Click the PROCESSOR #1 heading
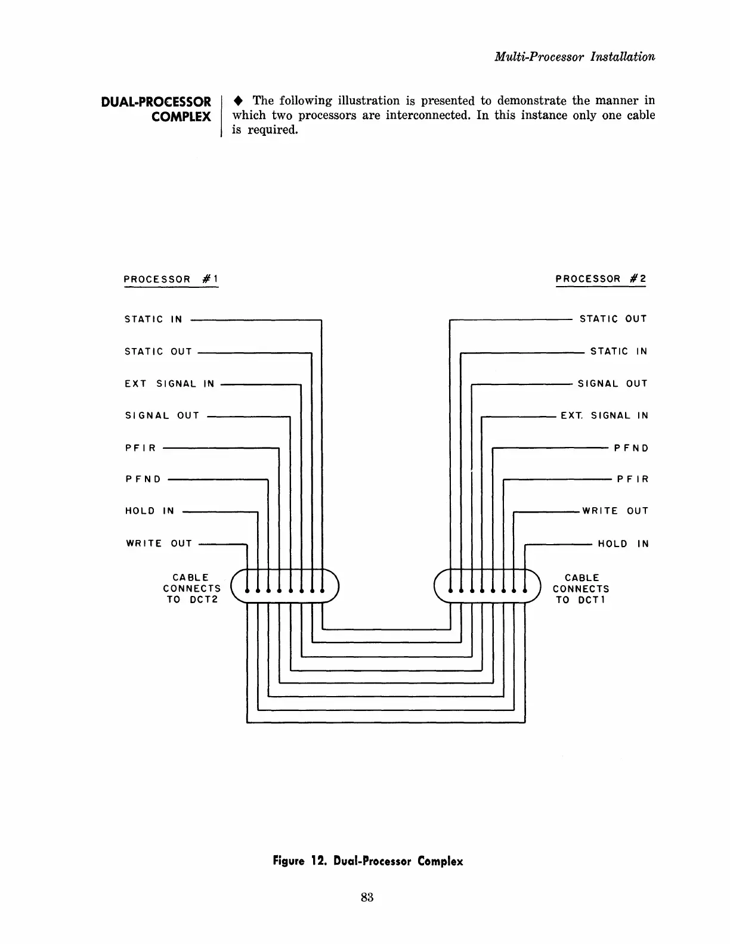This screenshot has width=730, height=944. pyautogui.click(x=171, y=279)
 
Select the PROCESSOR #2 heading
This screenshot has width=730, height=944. pyautogui.click(x=601, y=279)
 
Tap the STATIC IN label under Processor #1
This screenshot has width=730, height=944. pyautogui.click(x=153, y=319)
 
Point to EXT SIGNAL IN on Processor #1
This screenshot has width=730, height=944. pyautogui.click(x=169, y=384)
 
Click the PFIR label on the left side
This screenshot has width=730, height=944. pyautogui.click(x=141, y=448)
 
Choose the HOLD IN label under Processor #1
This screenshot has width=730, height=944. pyautogui.click(x=150, y=511)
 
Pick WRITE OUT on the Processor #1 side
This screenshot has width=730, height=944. pyautogui.click(x=159, y=544)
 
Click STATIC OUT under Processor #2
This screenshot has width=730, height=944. pyautogui.click(x=613, y=319)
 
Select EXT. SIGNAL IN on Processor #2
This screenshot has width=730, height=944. pyautogui.click(x=604, y=416)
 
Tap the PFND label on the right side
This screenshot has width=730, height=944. pyautogui.click(x=631, y=448)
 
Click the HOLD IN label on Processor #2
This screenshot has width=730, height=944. pyautogui.click(x=623, y=544)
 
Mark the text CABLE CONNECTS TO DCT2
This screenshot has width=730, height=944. pyautogui.click(x=191, y=589)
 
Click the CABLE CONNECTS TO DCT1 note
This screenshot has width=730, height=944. pyautogui.click(x=581, y=589)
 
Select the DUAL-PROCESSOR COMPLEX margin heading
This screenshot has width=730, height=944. pyautogui.click(x=156, y=109)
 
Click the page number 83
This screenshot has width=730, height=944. pyautogui.click(x=367, y=898)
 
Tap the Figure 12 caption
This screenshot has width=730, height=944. pyautogui.click(x=367, y=861)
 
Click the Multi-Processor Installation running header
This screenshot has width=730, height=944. pyautogui.click(x=574, y=57)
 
